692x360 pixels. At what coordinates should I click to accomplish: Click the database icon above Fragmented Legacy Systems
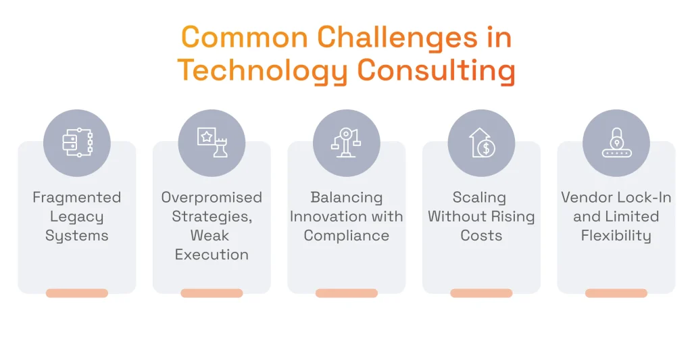[76, 143]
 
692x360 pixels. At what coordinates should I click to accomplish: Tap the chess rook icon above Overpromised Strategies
[212, 143]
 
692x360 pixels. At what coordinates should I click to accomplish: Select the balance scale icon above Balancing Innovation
[346, 143]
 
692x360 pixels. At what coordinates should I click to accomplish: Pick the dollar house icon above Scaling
[481, 143]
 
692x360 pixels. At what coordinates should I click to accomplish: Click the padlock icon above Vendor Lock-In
[616, 143]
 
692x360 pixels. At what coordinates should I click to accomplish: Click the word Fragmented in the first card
[76, 198]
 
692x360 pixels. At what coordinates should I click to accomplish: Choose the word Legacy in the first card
[76, 217]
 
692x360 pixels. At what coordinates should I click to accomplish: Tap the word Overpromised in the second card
[212, 198]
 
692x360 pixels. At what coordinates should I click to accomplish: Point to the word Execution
[212, 255]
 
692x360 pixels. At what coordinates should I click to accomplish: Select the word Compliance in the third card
[346, 236]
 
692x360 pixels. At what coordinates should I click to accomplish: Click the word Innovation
[326, 217]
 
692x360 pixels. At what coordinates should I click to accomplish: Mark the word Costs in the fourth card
[481, 236]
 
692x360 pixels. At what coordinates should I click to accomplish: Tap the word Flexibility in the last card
[616, 236]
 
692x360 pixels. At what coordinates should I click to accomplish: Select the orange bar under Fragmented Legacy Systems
[76, 293]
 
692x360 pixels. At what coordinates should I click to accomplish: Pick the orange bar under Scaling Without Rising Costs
[481, 293]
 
